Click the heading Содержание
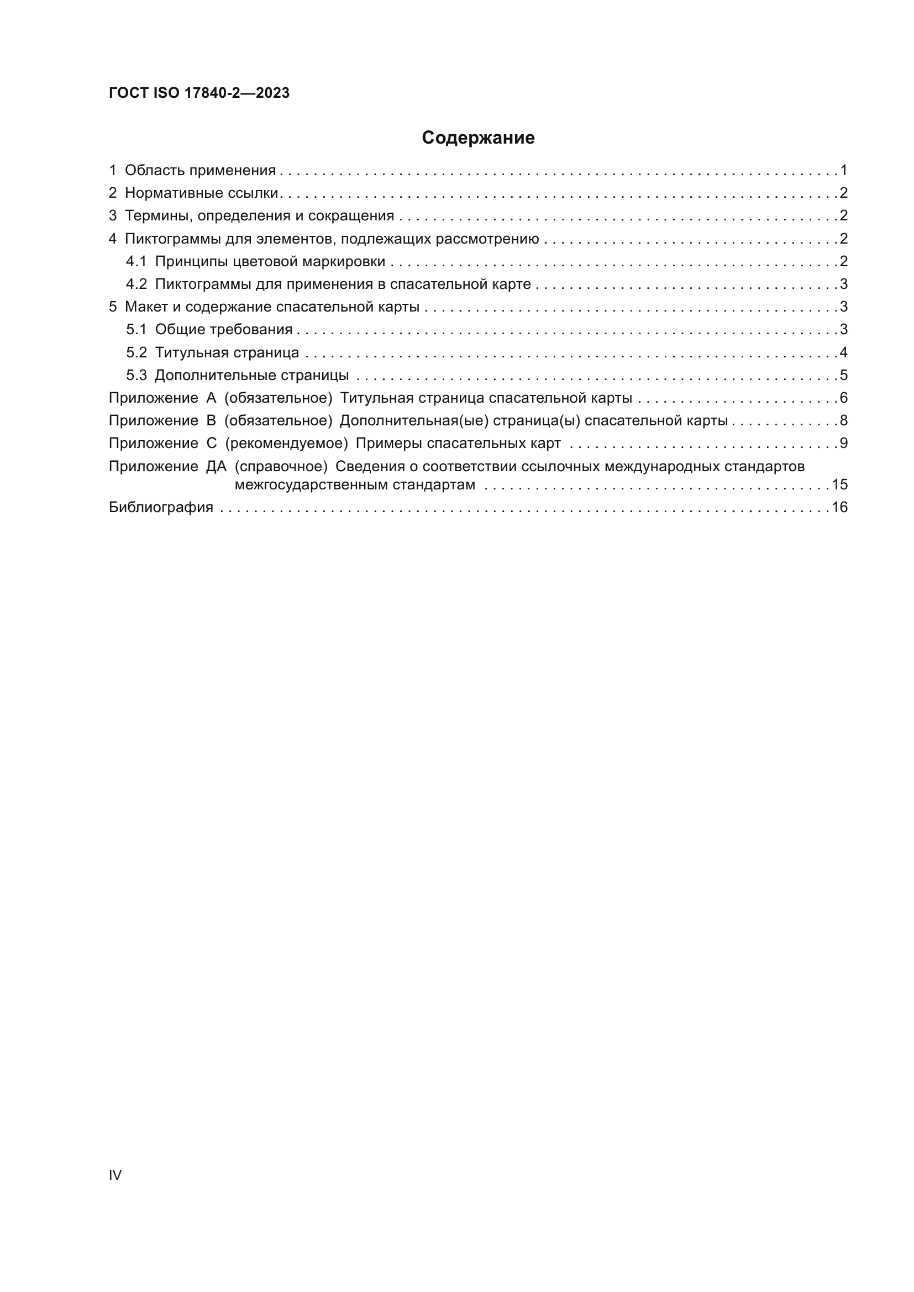pyautogui.click(x=478, y=138)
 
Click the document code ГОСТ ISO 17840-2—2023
pyautogui.click(x=199, y=93)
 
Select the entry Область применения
pyautogui.click(x=200, y=170)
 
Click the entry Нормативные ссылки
pyautogui.click(x=202, y=193)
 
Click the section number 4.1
pyautogui.click(x=136, y=261)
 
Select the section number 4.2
pyautogui.click(x=136, y=284)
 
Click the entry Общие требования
pyautogui.click(x=223, y=329)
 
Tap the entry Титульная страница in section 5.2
pyautogui.click(x=227, y=353)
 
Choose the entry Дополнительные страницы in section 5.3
pyautogui.click(x=251, y=375)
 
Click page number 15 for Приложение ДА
pyautogui.click(x=839, y=484)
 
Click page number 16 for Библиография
pyautogui.click(x=839, y=507)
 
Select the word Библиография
pyautogui.click(x=161, y=507)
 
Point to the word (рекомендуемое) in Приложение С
pyautogui.click(x=286, y=444)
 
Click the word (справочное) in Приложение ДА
pyautogui.click(x=281, y=467)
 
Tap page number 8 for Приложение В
pyautogui.click(x=843, y=420)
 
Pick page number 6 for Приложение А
pyautogui.click(x=843, y=398)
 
